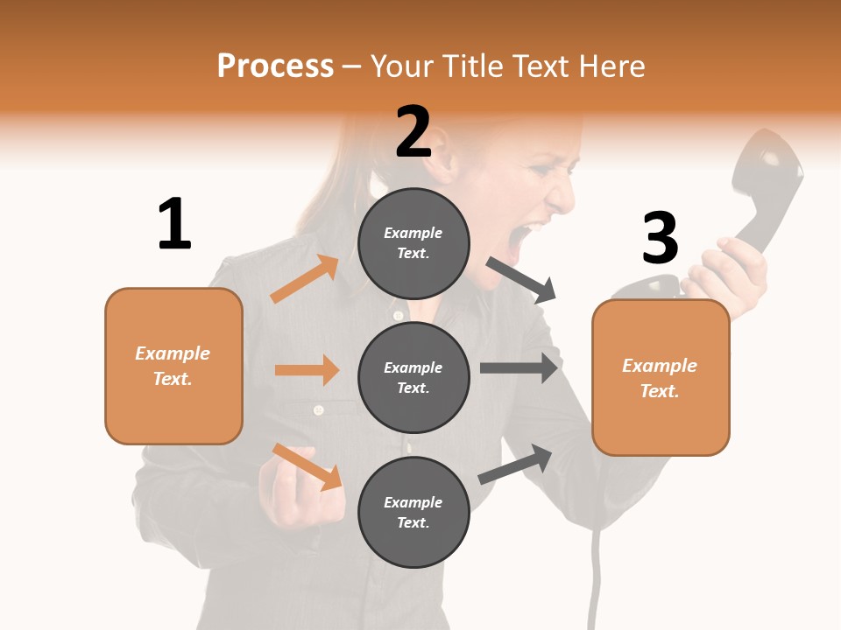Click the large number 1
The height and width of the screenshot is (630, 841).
pos(174,224)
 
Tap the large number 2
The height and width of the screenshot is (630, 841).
pos(413,131)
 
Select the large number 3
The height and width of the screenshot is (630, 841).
pos(660,238)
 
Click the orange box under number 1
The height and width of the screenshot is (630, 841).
pos(173,366)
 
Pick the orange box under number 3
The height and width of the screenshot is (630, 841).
pos(661,378)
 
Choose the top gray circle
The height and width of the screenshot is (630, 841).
pos(413,243)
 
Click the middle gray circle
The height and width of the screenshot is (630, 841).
pos(413,377)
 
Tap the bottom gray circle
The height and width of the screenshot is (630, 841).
pos(413,512)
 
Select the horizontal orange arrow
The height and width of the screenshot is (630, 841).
pos(307,370)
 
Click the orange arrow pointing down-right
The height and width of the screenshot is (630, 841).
pos(307,466)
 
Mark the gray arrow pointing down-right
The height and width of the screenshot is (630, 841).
pos(521,280)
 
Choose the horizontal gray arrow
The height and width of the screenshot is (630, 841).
pos(519,367)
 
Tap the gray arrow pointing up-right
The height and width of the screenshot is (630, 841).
pos(515,464)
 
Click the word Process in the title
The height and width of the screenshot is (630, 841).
pos(275,66)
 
